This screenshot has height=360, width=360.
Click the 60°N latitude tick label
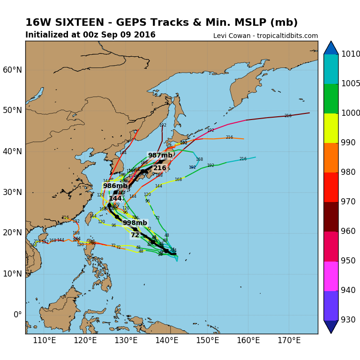pyautogui.click(x=13, y=70)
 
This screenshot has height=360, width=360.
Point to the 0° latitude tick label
pyautogui.click(x=17, y=315)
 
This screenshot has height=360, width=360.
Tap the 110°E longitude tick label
pyautogui.click(x=45, y=340)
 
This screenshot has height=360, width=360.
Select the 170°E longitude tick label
pyautogui.click(x=289, y=340)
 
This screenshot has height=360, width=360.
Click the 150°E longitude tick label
pyautogui.click(x=208, y=340)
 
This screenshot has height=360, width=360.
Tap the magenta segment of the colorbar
pyautogui.click(x=331, y=276)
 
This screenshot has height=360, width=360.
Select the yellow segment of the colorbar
pyautogui.click(x=331, y=128)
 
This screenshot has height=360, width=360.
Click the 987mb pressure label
pyautogui.click(x=160, y=156)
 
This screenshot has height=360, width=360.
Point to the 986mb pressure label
pyautogui.click(x=115, y=186)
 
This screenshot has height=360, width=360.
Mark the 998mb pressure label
pyautogui.click(x=135, y=223)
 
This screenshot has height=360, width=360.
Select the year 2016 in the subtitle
pyautogui.click(x=145, y=35)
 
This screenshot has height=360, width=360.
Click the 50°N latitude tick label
pyautogui.click(x=13, y=111)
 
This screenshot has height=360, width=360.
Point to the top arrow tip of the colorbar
pyautogui.click(x=331, y=42)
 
